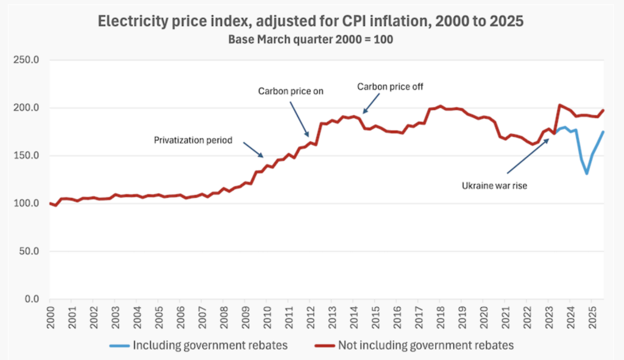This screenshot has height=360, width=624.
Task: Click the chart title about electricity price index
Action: point(311,21)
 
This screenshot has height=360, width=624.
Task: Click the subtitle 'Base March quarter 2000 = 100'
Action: point(311,39)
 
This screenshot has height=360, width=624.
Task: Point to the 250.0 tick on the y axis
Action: point(27,60)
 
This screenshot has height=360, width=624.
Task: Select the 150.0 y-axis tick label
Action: point(27,155)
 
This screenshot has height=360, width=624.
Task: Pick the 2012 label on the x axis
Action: point(310,315)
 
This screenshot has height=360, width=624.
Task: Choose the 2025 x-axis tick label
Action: point(591,315)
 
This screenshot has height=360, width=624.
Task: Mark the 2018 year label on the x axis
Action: point(439,315)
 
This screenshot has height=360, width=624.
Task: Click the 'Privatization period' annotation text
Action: point(193,140)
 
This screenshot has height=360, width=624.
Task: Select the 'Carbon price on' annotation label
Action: point(291,91)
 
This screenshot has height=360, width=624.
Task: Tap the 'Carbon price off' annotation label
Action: point(390,86)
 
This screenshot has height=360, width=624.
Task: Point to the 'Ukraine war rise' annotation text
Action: point(494,186)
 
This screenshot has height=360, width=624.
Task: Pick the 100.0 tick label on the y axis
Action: point(27,203)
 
